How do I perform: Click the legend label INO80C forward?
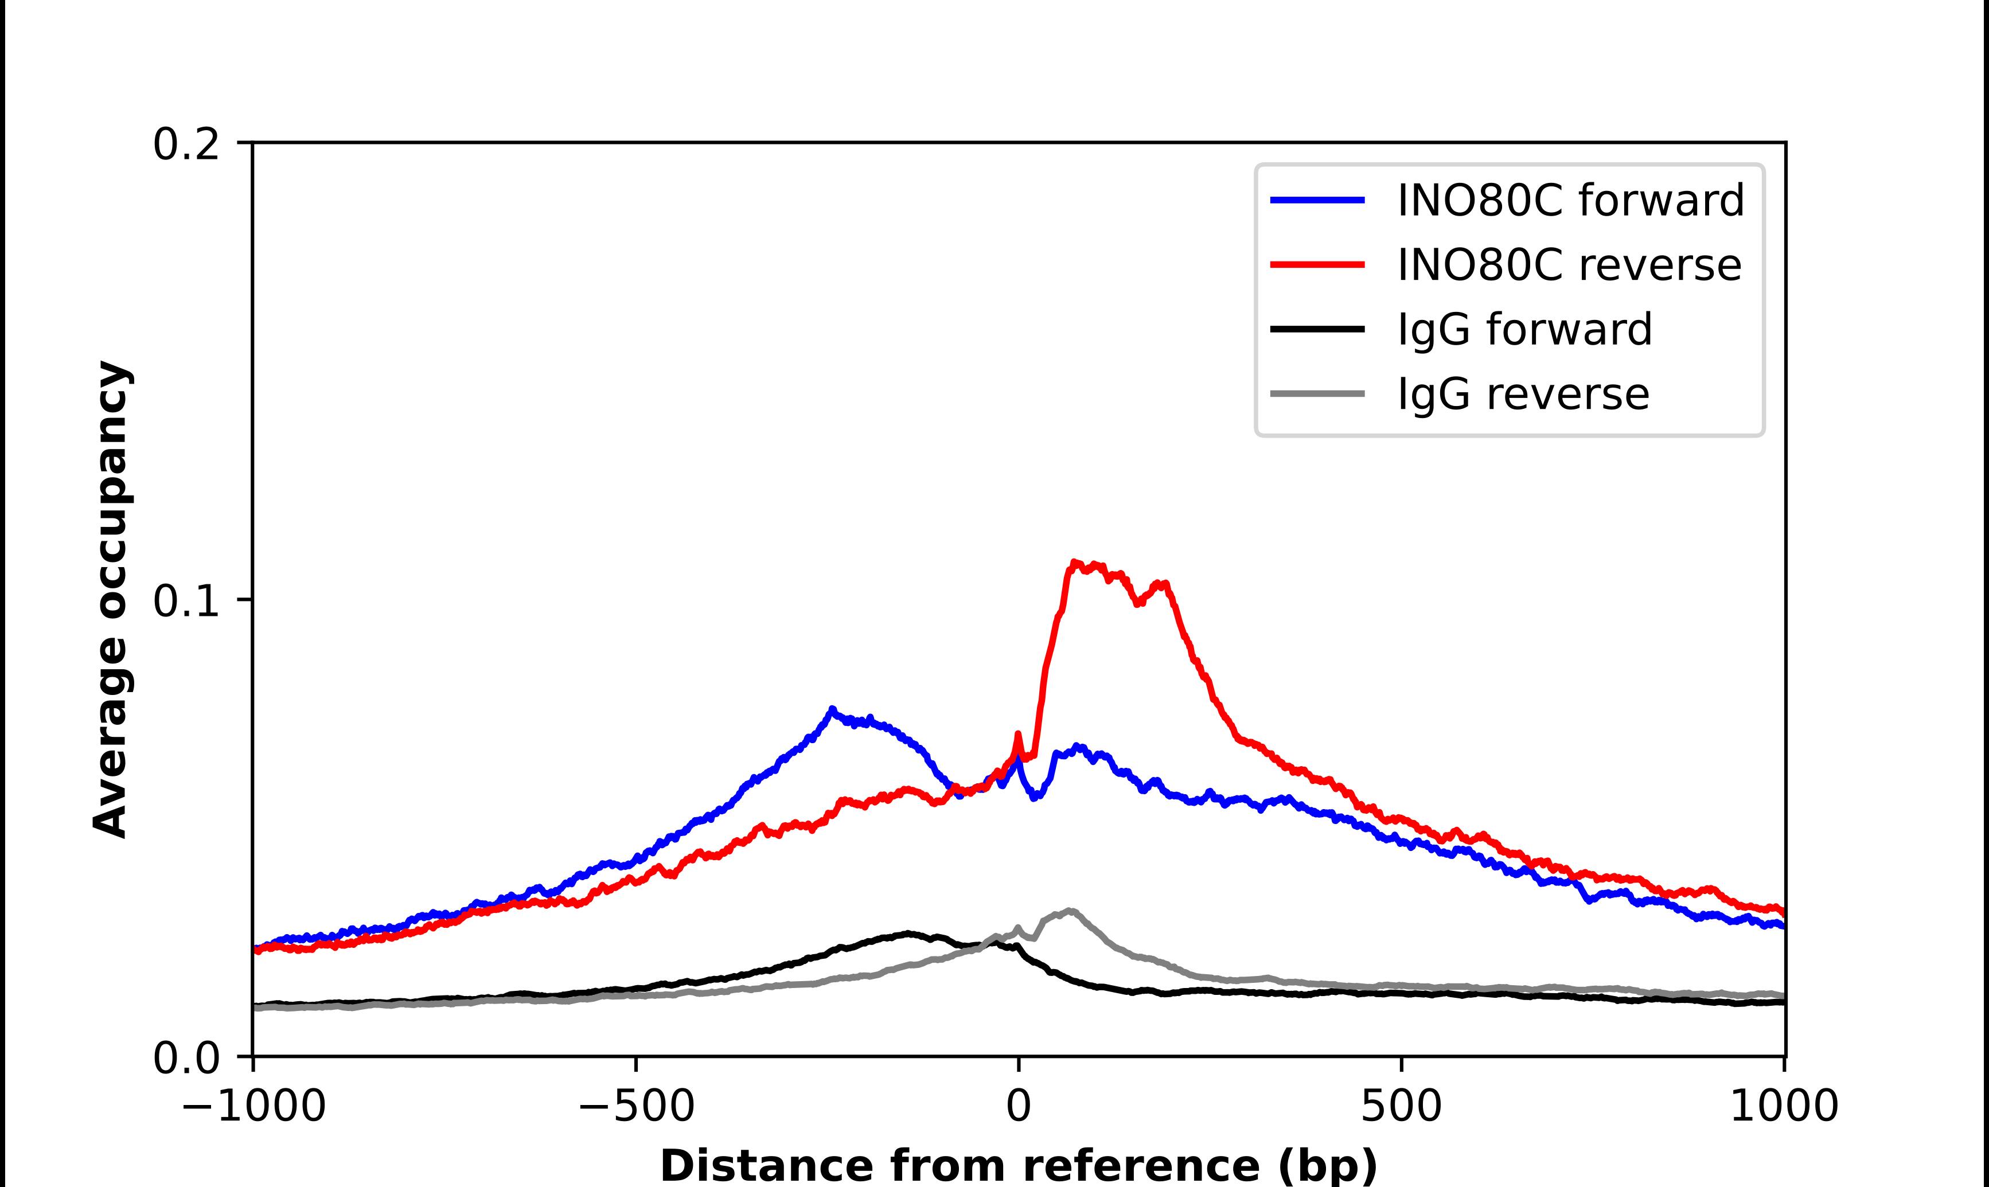tap(1570, 200)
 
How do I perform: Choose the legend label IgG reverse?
tap(1523, 395)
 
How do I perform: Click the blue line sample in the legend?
tap(1317, 200)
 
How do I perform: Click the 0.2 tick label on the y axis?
tap(186, 145)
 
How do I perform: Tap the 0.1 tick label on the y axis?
tap(186, 602)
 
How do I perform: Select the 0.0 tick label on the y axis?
tap(186, 1058)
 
